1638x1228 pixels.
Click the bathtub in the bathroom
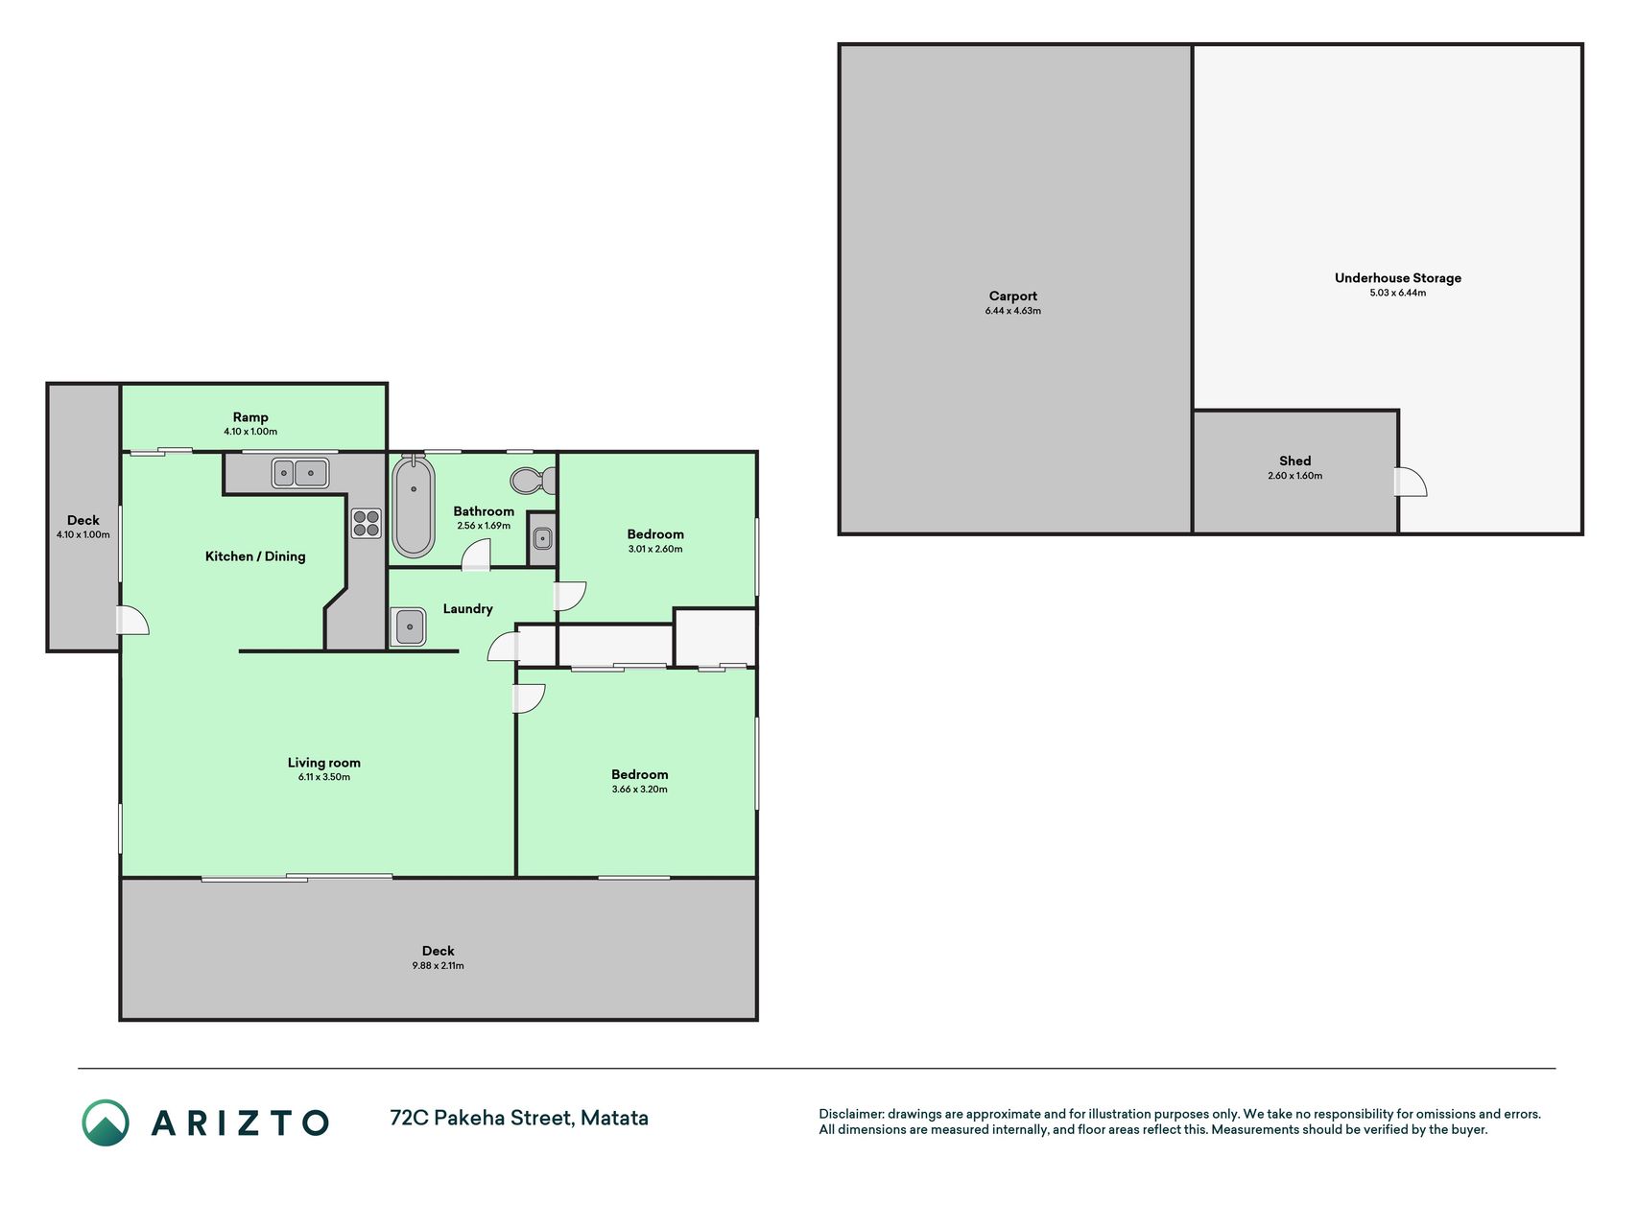tap(414, 506)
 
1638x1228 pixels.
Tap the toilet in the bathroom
tap(533, 479)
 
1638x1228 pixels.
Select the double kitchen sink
tap(299, 473)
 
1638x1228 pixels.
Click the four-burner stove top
tap(366, 523)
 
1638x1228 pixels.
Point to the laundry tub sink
tap(409, 627)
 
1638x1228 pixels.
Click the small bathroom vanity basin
tap(542, 539)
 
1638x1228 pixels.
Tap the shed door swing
tap(1411, 482)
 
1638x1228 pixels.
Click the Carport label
tap(1013, 296)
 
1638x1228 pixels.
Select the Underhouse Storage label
tap(1398, 278)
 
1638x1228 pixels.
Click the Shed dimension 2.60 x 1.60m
tap(1294, 476)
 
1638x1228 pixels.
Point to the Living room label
tap(324, 763)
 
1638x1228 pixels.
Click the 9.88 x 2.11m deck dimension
tap(438, 966)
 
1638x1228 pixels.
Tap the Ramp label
tap(250, 417)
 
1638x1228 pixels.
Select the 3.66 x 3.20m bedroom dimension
tap(640, 790)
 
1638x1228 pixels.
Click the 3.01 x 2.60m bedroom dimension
tap(655, 550)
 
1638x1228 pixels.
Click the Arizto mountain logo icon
tap(106, 1122)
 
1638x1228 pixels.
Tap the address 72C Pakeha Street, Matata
tap(519, 1118)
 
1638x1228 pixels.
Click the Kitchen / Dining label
tap(255, 556)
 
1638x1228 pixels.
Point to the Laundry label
tap(467, 609)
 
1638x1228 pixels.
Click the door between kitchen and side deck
tap(133, 621)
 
